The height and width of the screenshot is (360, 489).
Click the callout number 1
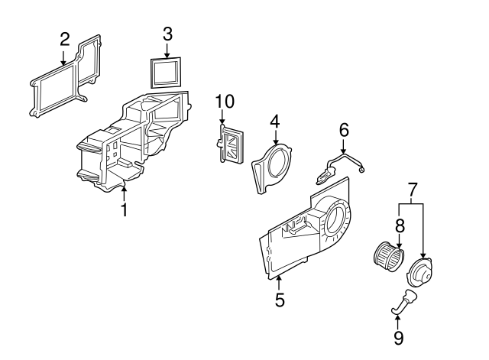[124, 209]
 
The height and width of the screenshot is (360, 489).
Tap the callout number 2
[64, 38]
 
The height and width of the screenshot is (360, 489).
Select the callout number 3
[167, 34]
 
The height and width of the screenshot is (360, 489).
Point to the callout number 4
[275, 121]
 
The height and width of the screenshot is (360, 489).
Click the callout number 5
[280, 300]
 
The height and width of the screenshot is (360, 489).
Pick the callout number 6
[344, 131]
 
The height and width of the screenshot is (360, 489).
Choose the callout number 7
[413, 187]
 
